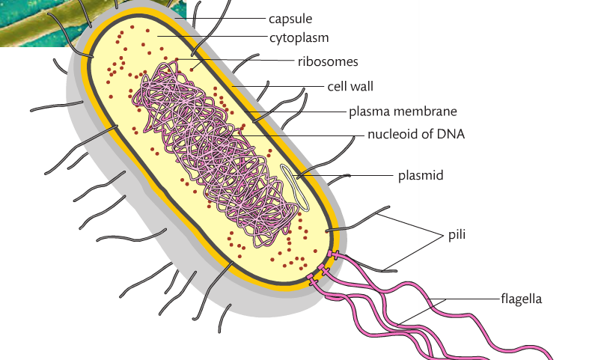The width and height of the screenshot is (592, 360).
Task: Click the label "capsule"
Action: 290,18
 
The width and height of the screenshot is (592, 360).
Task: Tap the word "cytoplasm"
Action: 299,37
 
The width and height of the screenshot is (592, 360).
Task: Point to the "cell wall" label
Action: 350,86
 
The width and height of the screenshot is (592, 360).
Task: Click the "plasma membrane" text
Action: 403,112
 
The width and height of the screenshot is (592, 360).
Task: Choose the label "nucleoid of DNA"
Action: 416,135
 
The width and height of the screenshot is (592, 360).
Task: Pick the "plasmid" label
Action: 421,176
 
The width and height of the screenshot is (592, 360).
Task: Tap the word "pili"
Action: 457,234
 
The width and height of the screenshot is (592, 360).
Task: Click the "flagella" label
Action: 521,299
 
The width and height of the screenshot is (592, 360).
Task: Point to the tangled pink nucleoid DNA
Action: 210,150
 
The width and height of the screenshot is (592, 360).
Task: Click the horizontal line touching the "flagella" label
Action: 472,299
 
